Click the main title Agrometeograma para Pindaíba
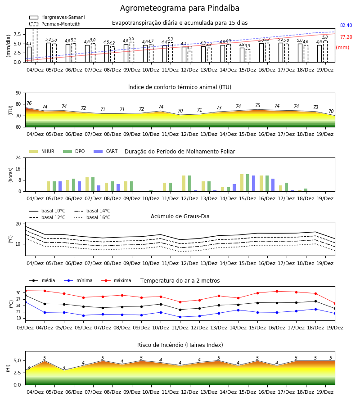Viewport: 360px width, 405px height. click(180, 8)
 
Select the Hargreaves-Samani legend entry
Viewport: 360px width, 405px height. click(57, 17)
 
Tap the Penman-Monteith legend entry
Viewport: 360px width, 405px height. click(55, 24)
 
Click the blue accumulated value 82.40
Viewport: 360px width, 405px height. click(346, 25)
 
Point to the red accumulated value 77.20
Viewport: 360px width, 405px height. click(346, 37)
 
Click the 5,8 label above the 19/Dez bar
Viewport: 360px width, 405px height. click(325, 37)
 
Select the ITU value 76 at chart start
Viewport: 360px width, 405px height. click(29, 103)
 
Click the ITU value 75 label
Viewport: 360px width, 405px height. click(258, 105)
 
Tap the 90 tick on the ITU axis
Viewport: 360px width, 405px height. click(18, 93)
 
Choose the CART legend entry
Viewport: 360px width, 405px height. click(106, 151)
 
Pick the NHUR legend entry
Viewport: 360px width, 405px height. click(42, 151)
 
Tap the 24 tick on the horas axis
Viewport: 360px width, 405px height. click(18, 157)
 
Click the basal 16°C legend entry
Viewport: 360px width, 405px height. click(92, 217)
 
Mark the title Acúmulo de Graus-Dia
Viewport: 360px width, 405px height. click(180, 216)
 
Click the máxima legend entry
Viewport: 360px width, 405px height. click(116, 280)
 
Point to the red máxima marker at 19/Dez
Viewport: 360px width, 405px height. click(335, 303)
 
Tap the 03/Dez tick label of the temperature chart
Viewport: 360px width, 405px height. click(25, 328)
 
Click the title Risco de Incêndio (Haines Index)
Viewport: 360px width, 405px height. click(180, 345)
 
